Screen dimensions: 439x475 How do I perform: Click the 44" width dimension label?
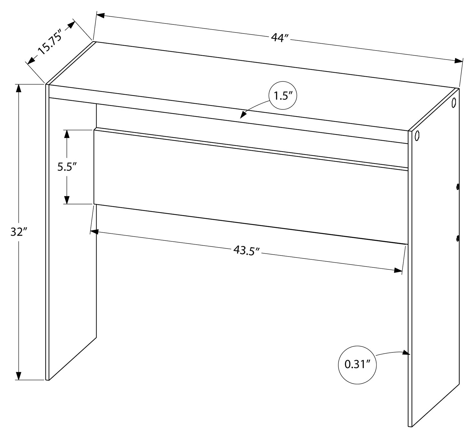(x=279, y=38)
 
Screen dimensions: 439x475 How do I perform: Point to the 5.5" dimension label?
(x=67, y=167)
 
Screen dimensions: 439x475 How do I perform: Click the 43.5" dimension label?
(x=246, y=250)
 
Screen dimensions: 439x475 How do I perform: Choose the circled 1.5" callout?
(x=282, y=96)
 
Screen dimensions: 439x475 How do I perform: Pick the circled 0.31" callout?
(x=357, y=365)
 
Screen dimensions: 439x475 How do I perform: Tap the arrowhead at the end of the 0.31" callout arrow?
(x=407, y=353)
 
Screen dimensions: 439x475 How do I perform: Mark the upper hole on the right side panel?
(x=454, y=102)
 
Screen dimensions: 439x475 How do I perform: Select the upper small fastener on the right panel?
(x=458, y=187)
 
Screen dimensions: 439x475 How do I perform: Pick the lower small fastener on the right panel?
(x=458, y=238)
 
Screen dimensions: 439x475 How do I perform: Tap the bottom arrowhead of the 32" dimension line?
(x=19, y=376)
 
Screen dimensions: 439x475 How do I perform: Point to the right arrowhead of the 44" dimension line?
(x=458, y=61)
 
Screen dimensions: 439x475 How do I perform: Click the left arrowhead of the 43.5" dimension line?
(x=94, y=231)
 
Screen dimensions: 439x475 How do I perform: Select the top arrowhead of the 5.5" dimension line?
(x=67, y=134)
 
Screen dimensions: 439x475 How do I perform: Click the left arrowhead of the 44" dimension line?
(x=100, y=15)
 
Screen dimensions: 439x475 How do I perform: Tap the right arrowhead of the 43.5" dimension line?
(x=398, y=270)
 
